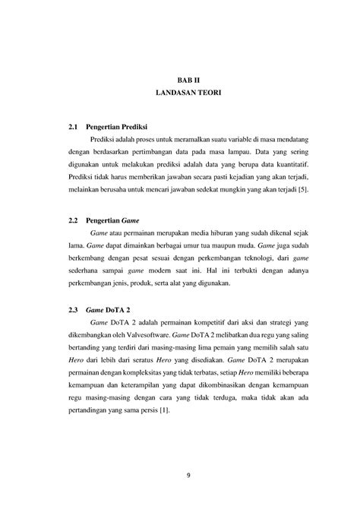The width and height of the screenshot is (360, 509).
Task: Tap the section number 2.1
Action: click(x=74, y=125)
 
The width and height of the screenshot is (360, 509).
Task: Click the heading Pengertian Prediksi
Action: click(x=120, y=125)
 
